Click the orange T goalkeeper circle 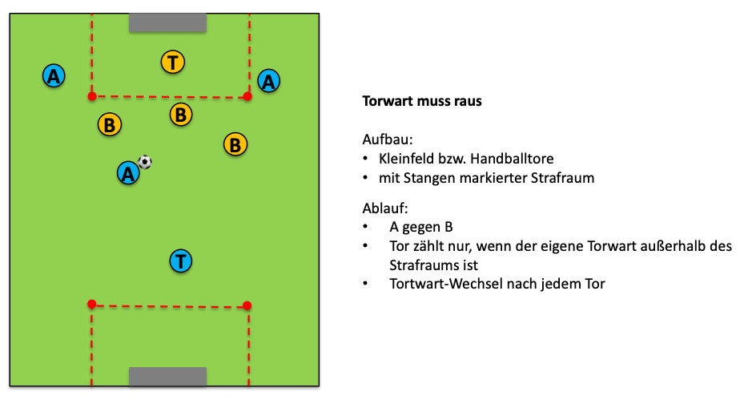pyautogui.click(x=173, y=62)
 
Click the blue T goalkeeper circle pyautogui.click(x=182, y=261)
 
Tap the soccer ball pyautogui.click(x=145, y=162)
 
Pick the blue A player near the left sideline pyautogui.click(x=54, y=76)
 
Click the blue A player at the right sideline pyautogui.click(x=269, y=80)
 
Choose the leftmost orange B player pyautogui.click(x=109, y=125)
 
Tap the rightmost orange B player pyautogui.click(x=235, y=145)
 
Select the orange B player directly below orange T pyautogui.click(x=182, y=115)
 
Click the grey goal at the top pyautogui.click(x=168, y=22)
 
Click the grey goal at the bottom pyautogui.click(x=168, y=377)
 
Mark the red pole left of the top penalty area pyautogui.click(x=92, y=96)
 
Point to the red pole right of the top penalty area pyautogui.click(x=247, y=96)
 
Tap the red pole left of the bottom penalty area pyautogui.click(x=91, y=304)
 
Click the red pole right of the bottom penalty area pyautogui.click(x=247, y=305)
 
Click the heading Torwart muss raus pyautogui.click(x=422, y=102)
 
